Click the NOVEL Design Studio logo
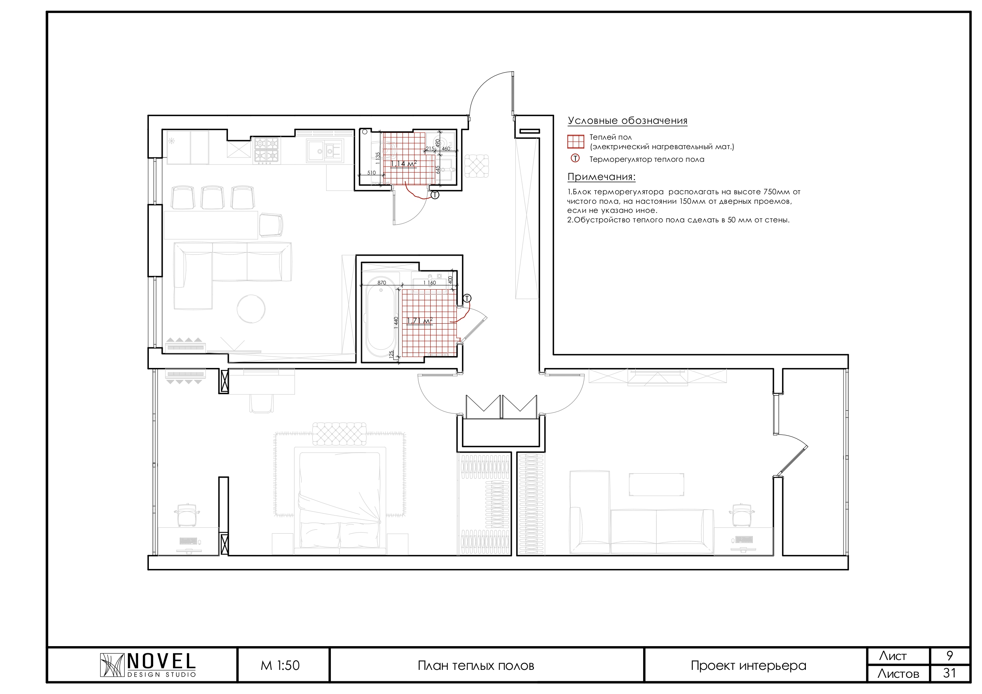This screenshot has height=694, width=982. pos(148,666)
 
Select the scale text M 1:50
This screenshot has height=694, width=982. pos(280,666)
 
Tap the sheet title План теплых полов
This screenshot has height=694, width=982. pos(476,666)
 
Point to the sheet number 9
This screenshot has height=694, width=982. pos(950,656)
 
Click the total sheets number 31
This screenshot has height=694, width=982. pos(950,673)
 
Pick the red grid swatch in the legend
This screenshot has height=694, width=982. pos(576,142)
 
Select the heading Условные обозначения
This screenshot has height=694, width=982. pos(627,121)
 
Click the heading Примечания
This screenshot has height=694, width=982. pos(601,177)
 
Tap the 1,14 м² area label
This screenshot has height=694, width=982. pos(403,164)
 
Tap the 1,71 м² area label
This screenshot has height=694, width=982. pos(419,321)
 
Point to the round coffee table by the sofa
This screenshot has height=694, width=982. pos(251,309)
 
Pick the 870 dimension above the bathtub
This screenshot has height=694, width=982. pos(382,283)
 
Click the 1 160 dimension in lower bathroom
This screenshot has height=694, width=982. pos(429,283)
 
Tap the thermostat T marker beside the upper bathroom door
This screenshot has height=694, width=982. pos(435,195)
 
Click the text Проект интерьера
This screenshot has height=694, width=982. pos(748,666)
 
